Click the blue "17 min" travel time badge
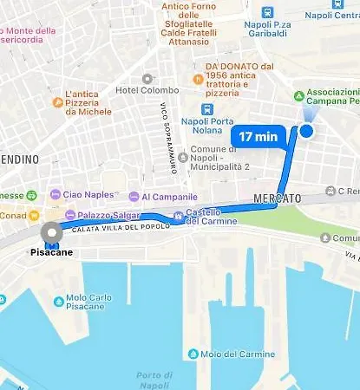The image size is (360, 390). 259,135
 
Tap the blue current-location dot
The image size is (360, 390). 306,131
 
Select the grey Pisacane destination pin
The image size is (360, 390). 52,232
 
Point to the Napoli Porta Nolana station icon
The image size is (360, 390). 206,109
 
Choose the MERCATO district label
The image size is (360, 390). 277,198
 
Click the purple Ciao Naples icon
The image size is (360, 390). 56,194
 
